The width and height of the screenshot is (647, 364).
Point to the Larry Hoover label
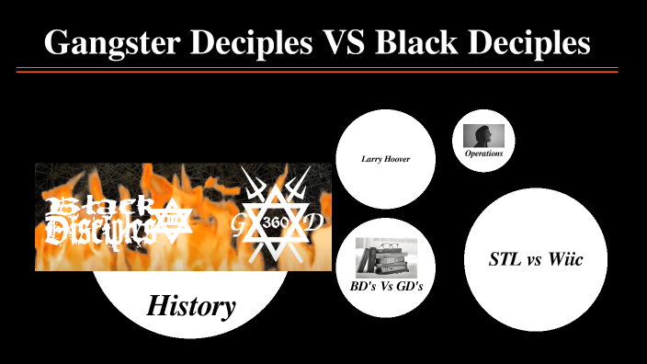(x=385, y=159)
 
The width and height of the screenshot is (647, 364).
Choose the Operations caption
(x=483, y=154)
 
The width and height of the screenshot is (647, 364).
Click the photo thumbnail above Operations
(x=483, y=135)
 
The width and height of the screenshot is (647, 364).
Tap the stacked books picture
(x=386, y=256)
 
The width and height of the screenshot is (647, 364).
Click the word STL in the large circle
(x=504, y=260)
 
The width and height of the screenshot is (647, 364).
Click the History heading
(x=191, y=305)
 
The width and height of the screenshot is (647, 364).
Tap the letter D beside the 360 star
(x=313, y=223)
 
